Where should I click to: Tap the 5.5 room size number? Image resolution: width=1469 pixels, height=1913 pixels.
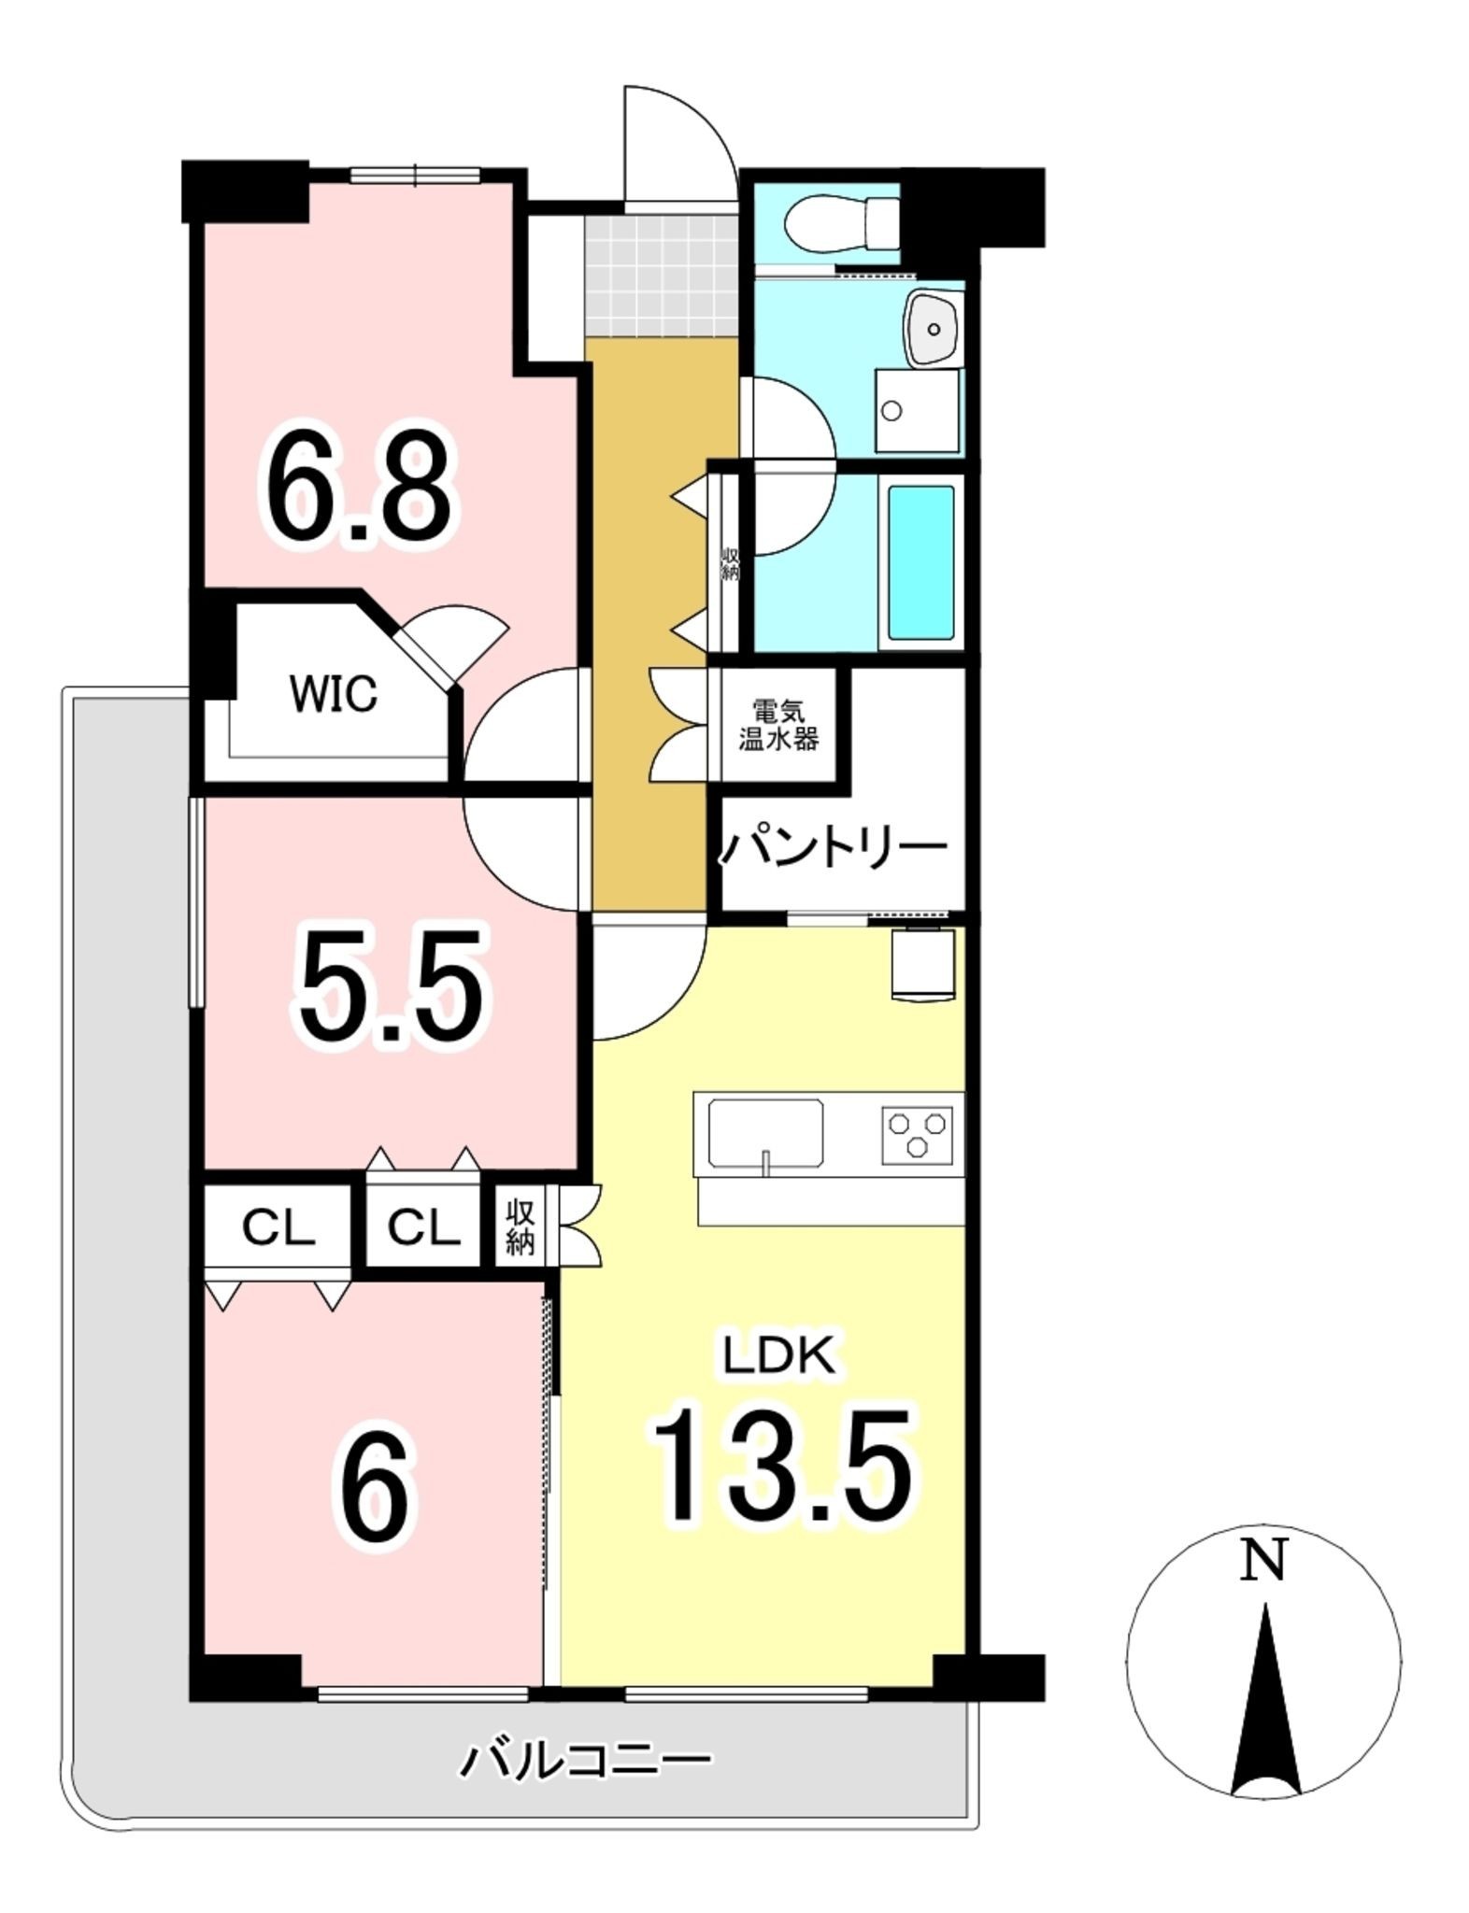(x=392, y=986)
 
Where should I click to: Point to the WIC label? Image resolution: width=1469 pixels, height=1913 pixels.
(x=334, y=693)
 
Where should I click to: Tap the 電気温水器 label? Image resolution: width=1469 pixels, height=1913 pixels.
(x=778, y=726)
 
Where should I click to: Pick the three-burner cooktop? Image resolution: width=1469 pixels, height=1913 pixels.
(x=917, y=1133)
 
